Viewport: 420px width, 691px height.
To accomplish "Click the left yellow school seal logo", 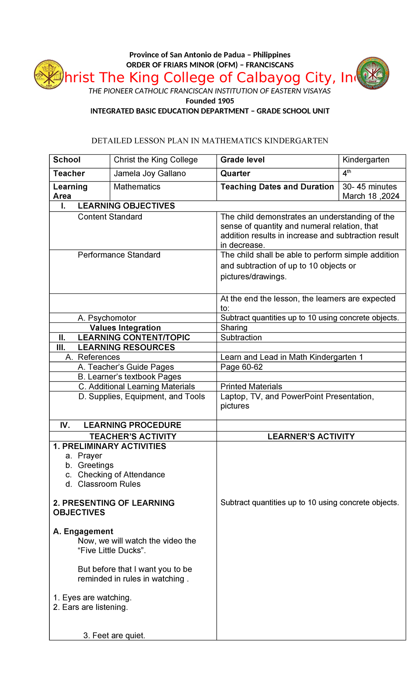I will point(49,74).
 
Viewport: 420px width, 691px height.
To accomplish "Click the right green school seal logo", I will point(373,73).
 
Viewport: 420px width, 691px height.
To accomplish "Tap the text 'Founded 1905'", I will point(210,101).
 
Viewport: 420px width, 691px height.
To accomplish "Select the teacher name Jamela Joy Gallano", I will point(150,174).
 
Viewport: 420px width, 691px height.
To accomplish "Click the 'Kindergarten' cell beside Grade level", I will point(366,160).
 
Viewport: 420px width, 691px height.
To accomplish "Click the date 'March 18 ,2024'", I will point(371,196).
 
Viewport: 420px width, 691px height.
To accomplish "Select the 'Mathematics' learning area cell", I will point(137,187).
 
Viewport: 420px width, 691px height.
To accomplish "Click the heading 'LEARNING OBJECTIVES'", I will point(126,206).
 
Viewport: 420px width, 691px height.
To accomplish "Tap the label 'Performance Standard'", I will point(119,255).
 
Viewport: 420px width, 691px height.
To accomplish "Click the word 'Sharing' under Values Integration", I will point(234,328).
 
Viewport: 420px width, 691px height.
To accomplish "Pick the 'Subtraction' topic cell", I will point(241,337).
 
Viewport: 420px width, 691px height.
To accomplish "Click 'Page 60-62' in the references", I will point(241,367).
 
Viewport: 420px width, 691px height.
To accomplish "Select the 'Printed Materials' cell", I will point(251,386).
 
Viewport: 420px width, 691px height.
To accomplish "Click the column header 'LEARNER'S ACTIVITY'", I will point(311,436).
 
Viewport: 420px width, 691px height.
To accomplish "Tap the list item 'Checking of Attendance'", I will point(121,475).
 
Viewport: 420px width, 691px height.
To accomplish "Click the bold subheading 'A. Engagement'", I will point(83,532).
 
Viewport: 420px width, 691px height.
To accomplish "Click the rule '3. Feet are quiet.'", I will point(114,635).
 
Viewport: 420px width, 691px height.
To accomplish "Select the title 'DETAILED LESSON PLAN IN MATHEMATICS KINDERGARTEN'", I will point(210,141).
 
